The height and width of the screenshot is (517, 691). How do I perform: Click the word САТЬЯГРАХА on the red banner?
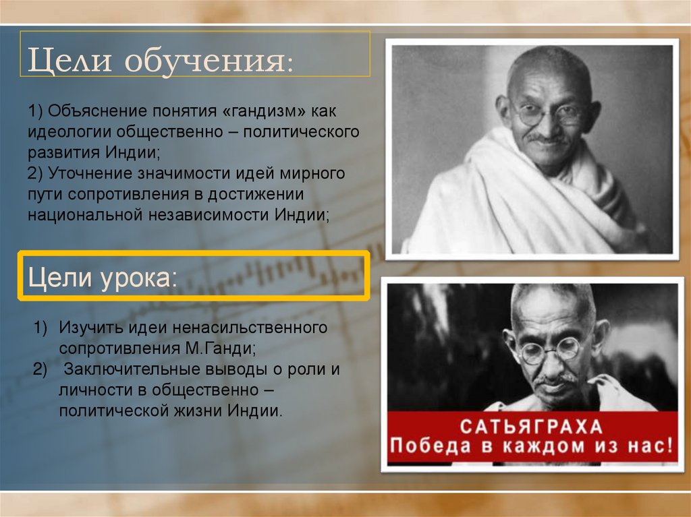pos(530,426)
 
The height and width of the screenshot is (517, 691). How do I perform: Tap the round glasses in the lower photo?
pos(550,348)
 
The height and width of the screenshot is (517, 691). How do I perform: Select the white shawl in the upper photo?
pos(513,202)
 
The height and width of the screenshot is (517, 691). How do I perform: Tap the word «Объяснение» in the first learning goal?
pos(87,110)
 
